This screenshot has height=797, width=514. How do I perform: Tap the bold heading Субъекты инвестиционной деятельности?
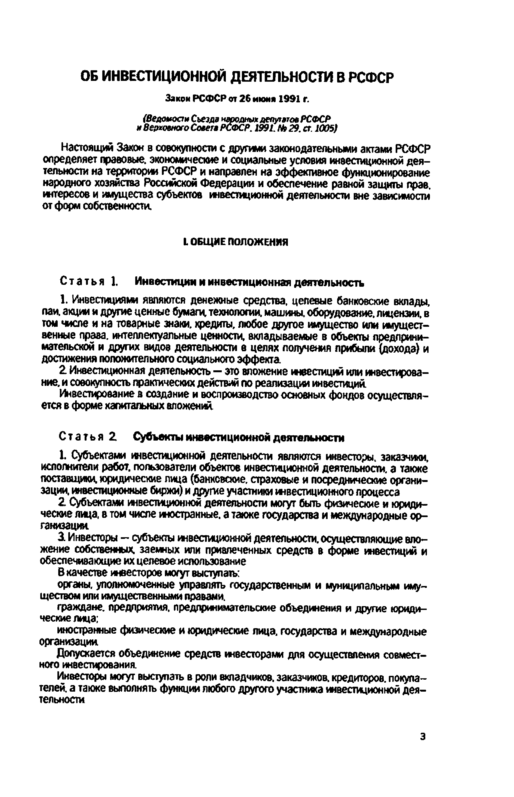[238, 437]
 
